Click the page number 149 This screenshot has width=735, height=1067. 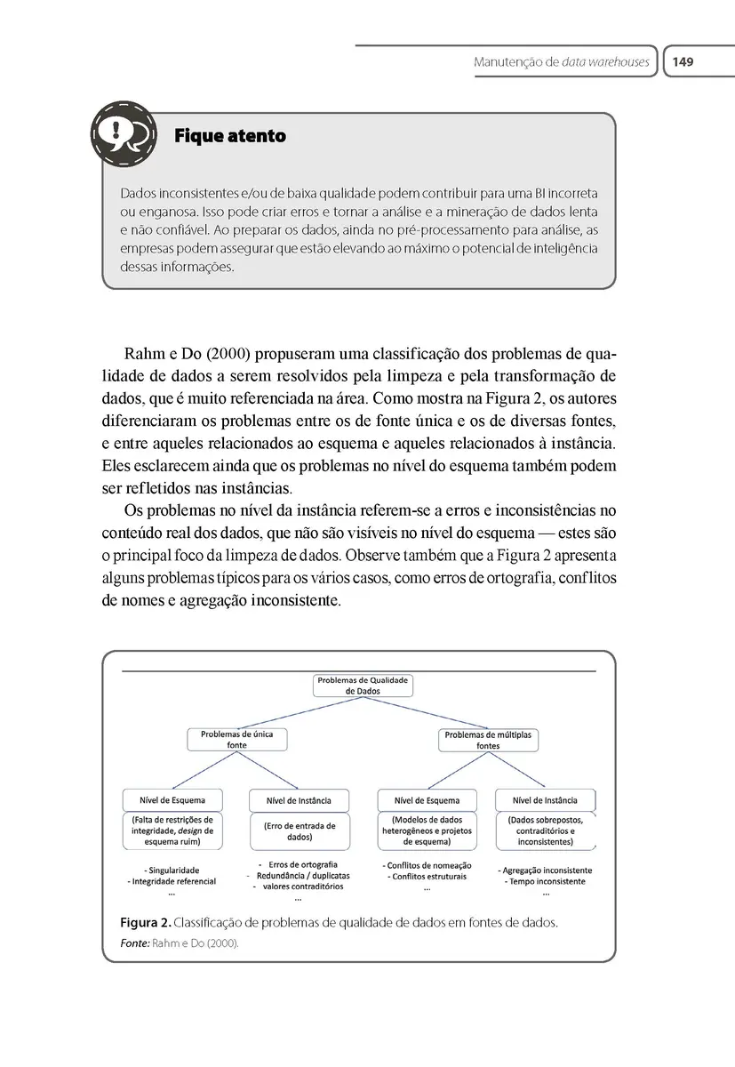click(683, 62)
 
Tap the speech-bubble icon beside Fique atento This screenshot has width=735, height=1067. click(123, 136)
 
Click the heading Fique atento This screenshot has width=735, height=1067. click(230, 136)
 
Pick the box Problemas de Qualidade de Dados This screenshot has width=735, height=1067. click(363, 686)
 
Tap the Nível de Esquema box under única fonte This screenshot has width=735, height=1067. click(172, 799)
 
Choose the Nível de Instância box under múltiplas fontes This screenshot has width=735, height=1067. click(545, 799)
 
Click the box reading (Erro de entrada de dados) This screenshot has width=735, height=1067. click(300, 831)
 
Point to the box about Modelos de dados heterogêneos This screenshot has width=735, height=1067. click(427, 830)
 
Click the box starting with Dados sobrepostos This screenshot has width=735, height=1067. click(545, 830)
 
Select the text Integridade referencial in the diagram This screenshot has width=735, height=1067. click(172, 881)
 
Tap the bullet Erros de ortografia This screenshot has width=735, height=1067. click(302, 864)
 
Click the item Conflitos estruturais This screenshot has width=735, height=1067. click(427, 877)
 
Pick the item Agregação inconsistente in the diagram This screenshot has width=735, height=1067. click(546, 870)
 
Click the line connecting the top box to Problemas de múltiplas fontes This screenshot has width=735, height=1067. click(427, 713)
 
